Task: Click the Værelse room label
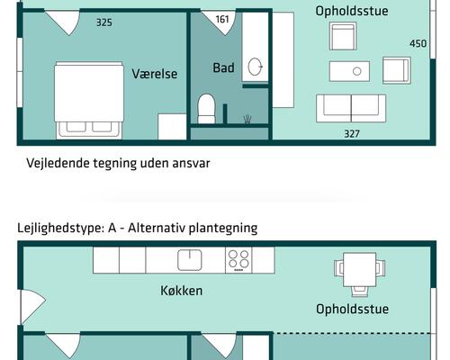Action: click(153, 73)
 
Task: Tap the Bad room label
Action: click(223, 67)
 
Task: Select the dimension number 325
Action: click(103, 22)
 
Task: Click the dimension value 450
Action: click(418, 43)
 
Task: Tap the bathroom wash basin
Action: click(255, 66)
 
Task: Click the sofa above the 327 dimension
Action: click(350, 107)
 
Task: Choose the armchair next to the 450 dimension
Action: click(396, 70)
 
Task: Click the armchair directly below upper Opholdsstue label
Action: click(345, 37)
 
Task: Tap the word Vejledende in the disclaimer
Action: click(58, 164)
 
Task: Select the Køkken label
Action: click(181, 291)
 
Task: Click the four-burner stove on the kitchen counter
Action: click(238, 259)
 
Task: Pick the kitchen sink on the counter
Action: click(190, 259)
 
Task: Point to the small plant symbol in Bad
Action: click(247, 119)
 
